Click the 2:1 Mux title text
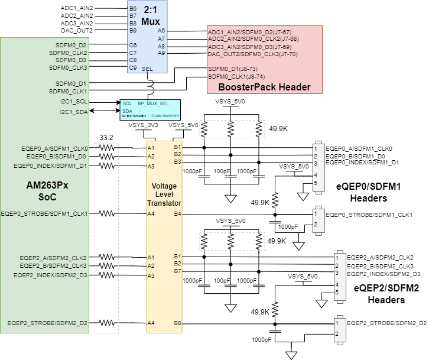[x=147, y=15]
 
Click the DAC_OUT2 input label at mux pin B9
[x=77, y=30]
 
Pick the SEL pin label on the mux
[x=148, y=69]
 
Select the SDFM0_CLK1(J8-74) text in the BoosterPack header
[x=236, y=77]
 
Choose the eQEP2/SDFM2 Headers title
[x=378, y=294]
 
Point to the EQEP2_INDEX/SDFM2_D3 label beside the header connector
[x=383, y=274]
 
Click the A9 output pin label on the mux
[x=161, y=53]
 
